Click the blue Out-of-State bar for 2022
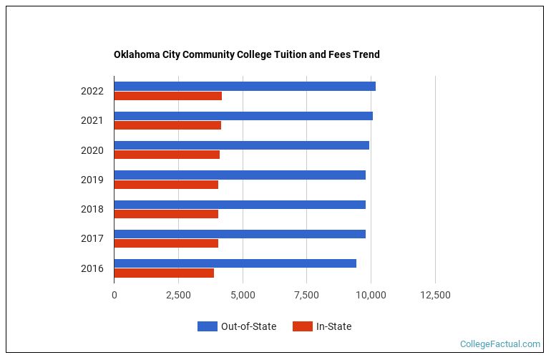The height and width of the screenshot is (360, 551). click(x=244, y=87)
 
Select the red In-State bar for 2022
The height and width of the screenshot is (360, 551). click(x=167, y=96)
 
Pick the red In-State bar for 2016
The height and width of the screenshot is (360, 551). click(x=164, y=273)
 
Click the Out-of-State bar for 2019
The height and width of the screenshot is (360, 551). click(x=239, y=175)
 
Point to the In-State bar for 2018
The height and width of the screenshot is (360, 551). click(x=166, y=214)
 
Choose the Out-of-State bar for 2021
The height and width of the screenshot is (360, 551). click(x=243, y=116)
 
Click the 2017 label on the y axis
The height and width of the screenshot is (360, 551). click(x=92, y=238)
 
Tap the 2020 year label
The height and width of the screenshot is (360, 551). click(x=92, y=150)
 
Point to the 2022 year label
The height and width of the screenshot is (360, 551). click(x=92, y=91)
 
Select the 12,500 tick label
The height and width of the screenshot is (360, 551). click(x=435, y=295)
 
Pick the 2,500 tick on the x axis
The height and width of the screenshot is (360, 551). click(x=178, y=295)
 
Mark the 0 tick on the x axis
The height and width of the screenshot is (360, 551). click(x=114, y=295)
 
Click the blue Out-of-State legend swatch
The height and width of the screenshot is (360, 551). click(x=207, y=326)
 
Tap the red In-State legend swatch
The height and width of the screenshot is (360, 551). click(x=303, y=326)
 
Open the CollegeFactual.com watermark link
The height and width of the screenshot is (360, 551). click(x=499, y=344)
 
